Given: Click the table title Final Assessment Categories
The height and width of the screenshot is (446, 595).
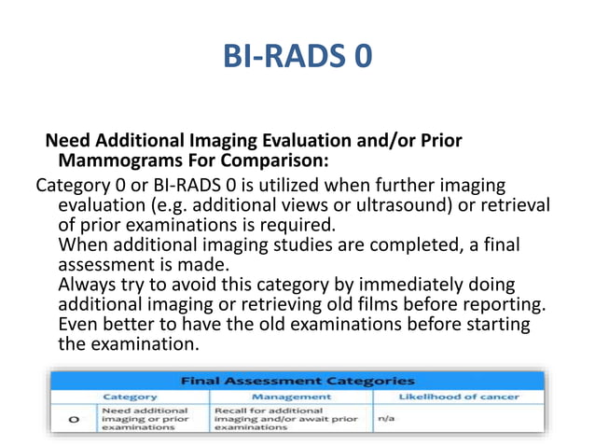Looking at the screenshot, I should coord(297,381).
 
